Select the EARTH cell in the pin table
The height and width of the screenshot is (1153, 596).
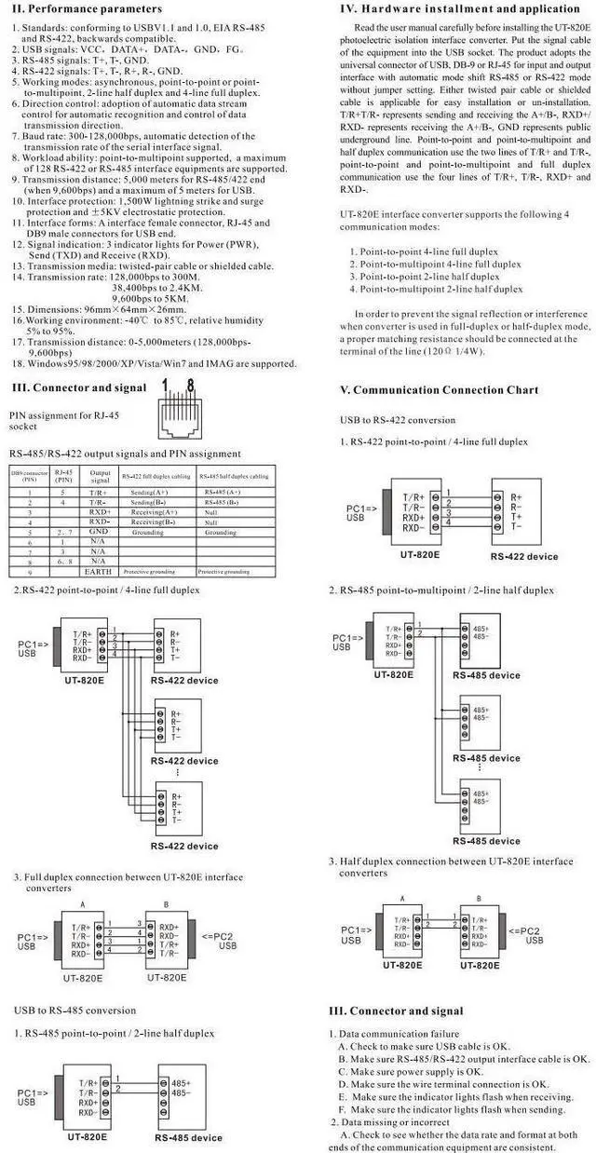[x=99, y=571]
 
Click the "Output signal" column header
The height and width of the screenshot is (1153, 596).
[x=99, y=476]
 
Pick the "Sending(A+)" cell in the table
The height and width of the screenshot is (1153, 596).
[x=149, y=492]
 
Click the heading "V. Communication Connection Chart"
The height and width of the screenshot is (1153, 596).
[x=440, y=389]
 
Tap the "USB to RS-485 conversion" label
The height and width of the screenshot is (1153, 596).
[x=74, y=1010]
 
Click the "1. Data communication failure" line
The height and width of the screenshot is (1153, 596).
[x=394, y=1034]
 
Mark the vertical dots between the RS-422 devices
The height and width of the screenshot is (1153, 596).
[x=177, y=773]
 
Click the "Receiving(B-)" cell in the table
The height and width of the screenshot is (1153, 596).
[x=153, y=522]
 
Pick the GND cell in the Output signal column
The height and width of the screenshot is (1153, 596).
[x=99, y=533]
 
